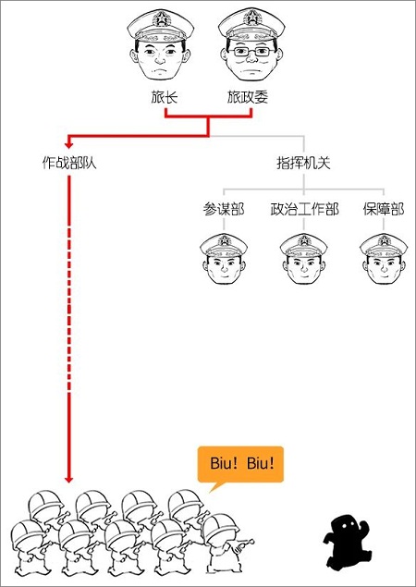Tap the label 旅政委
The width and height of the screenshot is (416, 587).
pos(248,98)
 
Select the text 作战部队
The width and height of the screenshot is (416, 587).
pos(69,164)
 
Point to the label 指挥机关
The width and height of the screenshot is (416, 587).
pos(303,164)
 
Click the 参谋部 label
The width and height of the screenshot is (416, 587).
pos(224,209)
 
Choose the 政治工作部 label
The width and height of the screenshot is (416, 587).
pos(304,209)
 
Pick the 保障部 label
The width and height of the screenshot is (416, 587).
pos(384,209)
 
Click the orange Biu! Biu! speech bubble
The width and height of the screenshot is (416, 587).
pos(240,464)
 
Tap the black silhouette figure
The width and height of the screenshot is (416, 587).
pos(347,542)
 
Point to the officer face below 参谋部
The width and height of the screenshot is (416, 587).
pos(224,259)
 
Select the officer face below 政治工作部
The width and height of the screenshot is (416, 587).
pos(303,259)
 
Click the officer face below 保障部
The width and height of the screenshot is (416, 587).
pos(384,259)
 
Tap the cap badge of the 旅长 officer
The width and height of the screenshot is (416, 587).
pos(161,18)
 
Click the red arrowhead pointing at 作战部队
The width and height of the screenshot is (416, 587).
pos(67,144)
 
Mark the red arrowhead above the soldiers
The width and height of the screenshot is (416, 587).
pos(68,479)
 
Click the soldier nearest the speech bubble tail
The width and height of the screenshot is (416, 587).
pos(225,543)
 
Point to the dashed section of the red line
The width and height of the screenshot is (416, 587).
pos(69,310)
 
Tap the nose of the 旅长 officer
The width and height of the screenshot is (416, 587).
pos(160,60)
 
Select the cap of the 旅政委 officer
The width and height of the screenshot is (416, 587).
pos(251,24)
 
